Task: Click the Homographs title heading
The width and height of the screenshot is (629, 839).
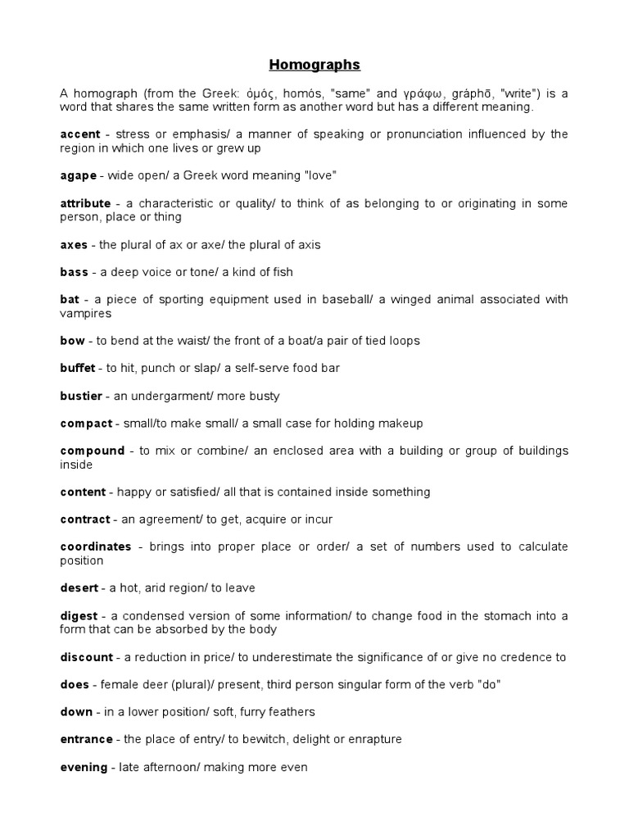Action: (x=314, y=65)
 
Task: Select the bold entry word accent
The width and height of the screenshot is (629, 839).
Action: (x=79, y=134)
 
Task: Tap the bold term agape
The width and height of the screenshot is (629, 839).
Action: (x=79, y=175)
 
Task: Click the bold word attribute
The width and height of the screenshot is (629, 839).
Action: (x=85, y=203)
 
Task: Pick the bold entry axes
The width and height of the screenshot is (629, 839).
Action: (x=74, y=244)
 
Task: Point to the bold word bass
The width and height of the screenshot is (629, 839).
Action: (x=74, y=272)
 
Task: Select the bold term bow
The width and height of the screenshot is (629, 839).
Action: (x=72, y=341)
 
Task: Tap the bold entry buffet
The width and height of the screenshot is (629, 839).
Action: (x=78, y=369)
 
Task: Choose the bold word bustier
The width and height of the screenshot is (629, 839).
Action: (x=81, y=396)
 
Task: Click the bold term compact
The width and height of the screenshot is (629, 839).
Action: (x=86, y=424)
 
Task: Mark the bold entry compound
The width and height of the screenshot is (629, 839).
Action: (x=92, y=451)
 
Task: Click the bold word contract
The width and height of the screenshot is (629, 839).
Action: (x=85, y=519)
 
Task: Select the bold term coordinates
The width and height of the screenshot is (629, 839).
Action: (x=96, y=547)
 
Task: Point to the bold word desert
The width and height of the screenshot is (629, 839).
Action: (x=79, y=588)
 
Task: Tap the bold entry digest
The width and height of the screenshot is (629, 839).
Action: (x=79, y=616)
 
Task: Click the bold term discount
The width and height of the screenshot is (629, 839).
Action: (x=86, y=657)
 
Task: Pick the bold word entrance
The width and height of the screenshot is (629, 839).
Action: (x=86, y=739)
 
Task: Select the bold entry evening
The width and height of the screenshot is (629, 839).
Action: (x=84, y=767)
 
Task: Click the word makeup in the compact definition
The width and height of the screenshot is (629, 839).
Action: (x=403, y=424)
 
